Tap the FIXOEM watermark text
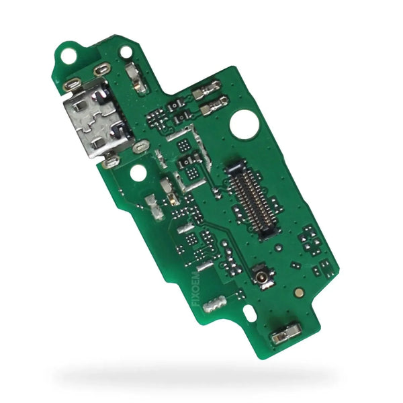[x=196, y=289]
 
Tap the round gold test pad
[x=299, y=292]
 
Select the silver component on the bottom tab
[x=285, y=334]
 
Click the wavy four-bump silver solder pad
[x=214, y=304]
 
